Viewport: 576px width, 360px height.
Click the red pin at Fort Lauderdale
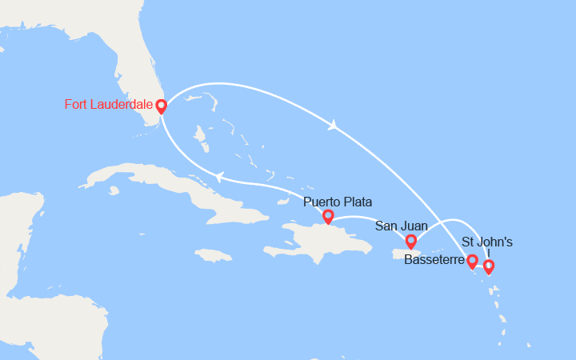coord(161,106)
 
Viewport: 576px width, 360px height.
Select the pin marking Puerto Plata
coord(327,216)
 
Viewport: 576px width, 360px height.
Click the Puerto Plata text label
coord(338,202)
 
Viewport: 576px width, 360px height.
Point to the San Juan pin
coord(410,241)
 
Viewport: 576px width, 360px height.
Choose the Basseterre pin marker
coord(472,261)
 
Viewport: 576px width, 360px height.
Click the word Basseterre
coord(434,260)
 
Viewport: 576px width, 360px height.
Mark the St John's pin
coord(488,266)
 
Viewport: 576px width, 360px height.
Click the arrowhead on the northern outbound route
coord(331,124)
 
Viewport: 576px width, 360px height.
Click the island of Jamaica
coord(213,255)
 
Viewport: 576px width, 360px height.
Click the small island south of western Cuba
coord(115,191)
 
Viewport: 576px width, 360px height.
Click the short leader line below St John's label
coord(488,253)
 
